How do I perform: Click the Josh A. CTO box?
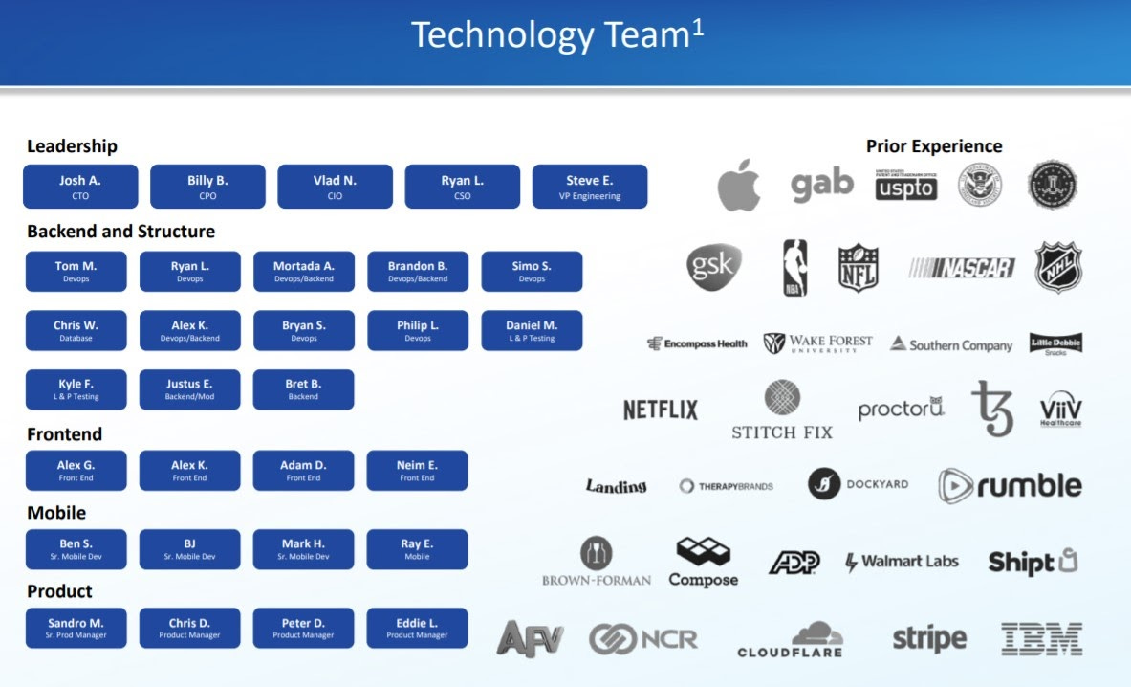(80, 187)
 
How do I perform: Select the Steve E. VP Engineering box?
(589, 187)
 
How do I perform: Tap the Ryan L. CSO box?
(462, 187)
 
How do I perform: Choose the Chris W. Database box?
(76, 331)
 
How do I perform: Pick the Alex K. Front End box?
(189, 471)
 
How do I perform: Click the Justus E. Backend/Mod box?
(189, 389)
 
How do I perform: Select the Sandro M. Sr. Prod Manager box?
(76, 628)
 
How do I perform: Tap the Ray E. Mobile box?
(417, 549)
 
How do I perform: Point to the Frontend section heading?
(64, 434)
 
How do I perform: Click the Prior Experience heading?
(934, 146)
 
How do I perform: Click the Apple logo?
(739, 185)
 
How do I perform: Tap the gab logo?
(821, 184)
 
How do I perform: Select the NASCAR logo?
(962, 268)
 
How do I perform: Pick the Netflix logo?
(661, 410)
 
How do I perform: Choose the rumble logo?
(1010, 486)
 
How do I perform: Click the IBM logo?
(1041, 638)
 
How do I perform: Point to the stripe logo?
(929, 638)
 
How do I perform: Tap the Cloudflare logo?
(791, 639)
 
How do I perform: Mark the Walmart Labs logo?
(902, 562)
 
